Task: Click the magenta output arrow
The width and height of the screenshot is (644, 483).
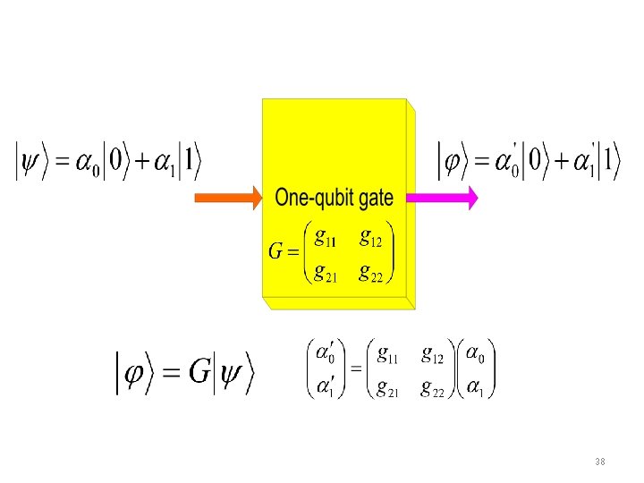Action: pos(444,198)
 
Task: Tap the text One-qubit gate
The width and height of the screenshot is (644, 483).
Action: pos(334,198)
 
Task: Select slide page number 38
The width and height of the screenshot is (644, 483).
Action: pos(599,462)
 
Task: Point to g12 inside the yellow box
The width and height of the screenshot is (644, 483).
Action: pos(370,239)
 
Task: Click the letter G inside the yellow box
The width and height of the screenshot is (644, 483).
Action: pos(276,251)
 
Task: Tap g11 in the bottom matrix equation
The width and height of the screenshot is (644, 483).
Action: pos(387,356)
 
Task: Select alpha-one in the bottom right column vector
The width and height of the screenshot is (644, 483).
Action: pos(477,388)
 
